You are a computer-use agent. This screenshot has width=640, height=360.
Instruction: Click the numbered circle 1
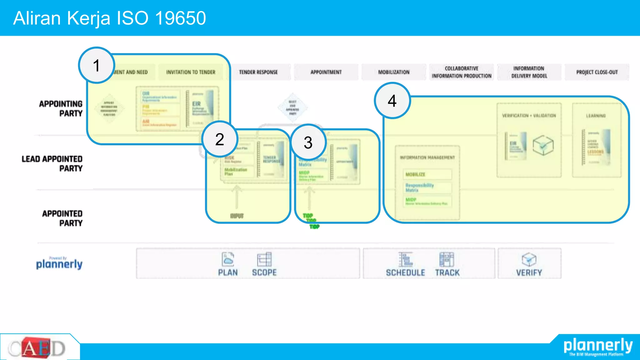click(x=97, y=65)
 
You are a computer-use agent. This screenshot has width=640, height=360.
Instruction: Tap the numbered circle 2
click(x=220, y=139)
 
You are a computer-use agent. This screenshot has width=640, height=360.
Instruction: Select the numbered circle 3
click(x=308, y=142)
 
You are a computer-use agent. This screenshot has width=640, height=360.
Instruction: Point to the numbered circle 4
click(x=392, y=101)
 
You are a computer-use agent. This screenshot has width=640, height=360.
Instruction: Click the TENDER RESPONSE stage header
click(x=258, y=72)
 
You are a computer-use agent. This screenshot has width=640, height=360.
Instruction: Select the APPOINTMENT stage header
click(x=326, y=72)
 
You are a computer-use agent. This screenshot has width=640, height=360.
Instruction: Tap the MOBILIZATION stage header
click(x=394, y=72)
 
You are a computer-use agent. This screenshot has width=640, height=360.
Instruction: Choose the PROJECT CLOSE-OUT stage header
click(x=597, y=72)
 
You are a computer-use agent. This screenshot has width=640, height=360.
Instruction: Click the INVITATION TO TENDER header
click(x=191, y=72)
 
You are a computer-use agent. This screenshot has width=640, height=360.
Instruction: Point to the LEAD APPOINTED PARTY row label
click(x=52, y=163)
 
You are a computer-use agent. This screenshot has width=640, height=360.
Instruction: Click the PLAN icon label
click(x=228, y=272)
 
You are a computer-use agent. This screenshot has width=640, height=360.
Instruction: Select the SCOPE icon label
click(x=264, y=272)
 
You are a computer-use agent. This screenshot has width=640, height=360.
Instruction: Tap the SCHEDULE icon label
click(x=405, y=272)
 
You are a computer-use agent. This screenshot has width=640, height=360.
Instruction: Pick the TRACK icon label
click(x=447, y=272)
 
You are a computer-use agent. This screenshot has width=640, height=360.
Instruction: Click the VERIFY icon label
click(x=529, y=272)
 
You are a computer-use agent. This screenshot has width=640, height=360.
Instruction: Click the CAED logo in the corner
click(x=37, y=348)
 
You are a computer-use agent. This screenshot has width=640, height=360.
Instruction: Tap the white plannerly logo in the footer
click(x=598, y=346)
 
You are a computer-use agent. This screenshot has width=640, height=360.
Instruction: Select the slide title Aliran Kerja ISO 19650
click(x=110, y=18)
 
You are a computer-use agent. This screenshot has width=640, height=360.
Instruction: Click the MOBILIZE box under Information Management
click(x=427, y=174)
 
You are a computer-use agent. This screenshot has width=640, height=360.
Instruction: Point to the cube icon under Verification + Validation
click(x=543, y=145)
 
